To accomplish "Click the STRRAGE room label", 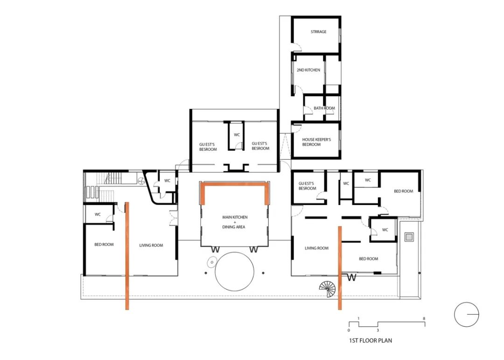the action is (319, 32).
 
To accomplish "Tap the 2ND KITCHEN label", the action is (308, 70).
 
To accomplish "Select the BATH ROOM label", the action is (324, 108).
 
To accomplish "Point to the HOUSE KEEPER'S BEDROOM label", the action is (316, 142).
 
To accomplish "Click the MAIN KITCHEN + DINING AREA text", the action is (235, 222).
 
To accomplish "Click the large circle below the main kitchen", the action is (234, 271).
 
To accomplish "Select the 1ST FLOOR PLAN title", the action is (370, 340).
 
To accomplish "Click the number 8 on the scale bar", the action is (424, 318).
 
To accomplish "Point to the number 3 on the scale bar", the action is (378, 330).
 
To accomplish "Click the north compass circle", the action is (466, 314).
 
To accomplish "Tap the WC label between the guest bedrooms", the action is (237, 135).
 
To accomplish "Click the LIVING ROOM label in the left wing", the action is (151, 245).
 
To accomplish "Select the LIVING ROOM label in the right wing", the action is (316, 248).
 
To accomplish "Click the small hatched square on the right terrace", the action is (409, 237).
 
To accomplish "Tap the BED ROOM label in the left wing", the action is (104, 245).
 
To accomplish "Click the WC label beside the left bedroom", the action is (98, 214).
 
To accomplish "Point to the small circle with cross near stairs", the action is (141, 181).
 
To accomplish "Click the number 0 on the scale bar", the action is (349, 330).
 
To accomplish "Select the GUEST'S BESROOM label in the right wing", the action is (307, 186).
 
